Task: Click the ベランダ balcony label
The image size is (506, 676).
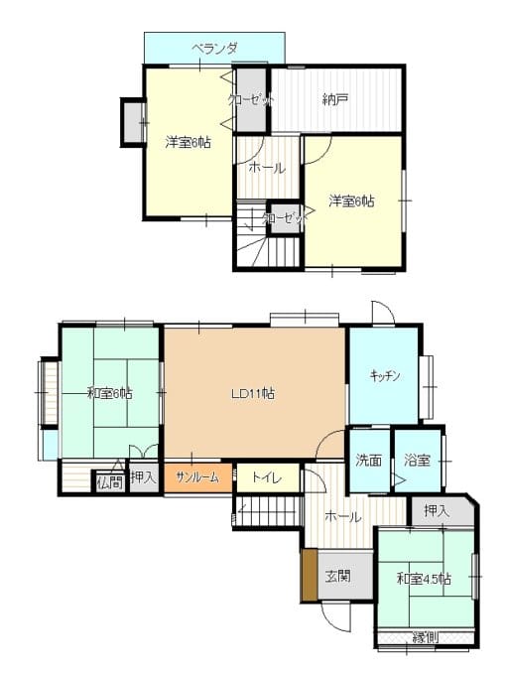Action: (x=214, y=49)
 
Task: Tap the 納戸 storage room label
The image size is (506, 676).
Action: (x=335, y=99)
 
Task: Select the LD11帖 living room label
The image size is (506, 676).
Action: (x=253, y=393)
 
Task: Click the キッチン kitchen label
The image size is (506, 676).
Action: (x=385, y=376)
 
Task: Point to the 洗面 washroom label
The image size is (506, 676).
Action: (x=368, y=461)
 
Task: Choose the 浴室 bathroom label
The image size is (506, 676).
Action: (x=417, y=461)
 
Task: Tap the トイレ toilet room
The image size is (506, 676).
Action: (x=267, y=477)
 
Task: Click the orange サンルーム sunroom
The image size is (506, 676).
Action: (x=198, y=477)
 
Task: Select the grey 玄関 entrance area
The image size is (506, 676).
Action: (x=345, y=575)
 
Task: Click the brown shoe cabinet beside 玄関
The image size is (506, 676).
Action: (x=310, y=575)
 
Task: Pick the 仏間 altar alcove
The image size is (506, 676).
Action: (x=109, y=482)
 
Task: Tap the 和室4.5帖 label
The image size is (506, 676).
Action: (x=424, y=579)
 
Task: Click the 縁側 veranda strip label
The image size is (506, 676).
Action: (x=426, y=636)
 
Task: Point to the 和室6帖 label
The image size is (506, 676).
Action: (x=109, y=393)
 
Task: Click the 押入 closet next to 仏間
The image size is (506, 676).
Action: (x=144, y=477)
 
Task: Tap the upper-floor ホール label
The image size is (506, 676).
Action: (x=267, y=168)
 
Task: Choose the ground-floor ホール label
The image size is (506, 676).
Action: (x=343, y=516)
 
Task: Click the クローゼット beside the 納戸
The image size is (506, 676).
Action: (x=251, y=99)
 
